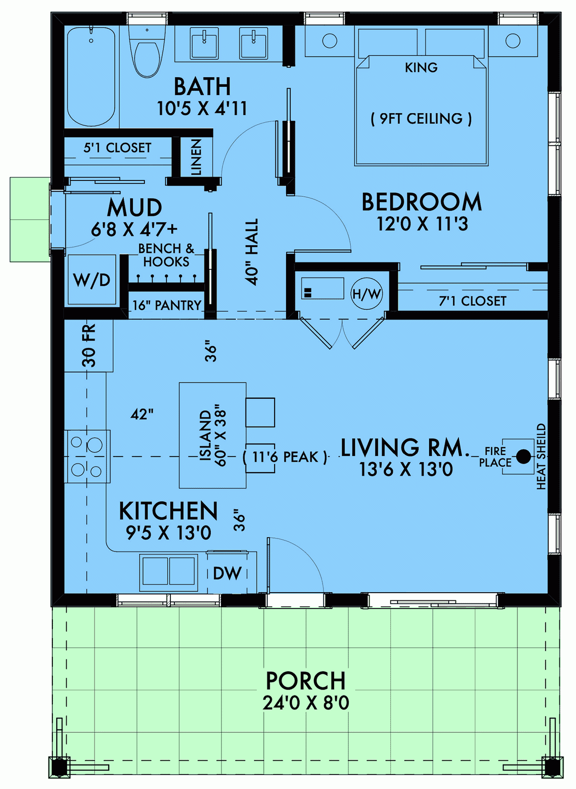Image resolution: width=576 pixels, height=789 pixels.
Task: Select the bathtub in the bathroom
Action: [91, 77]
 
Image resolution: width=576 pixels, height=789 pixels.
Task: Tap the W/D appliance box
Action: [92, 280]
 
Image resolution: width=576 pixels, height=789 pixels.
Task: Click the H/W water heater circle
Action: [367, 294]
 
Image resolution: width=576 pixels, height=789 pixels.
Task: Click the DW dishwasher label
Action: [227, 573]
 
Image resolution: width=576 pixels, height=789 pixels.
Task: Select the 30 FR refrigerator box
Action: [89, 346]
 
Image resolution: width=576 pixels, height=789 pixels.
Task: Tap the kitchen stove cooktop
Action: [87, 456]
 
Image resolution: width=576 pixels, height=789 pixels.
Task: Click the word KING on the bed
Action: [421, 68]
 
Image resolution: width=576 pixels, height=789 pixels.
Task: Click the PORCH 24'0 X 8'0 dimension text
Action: [306, 703]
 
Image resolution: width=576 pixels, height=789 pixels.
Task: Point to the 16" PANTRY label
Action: [167, 306]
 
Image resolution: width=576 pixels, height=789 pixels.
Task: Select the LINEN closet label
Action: [196, 157]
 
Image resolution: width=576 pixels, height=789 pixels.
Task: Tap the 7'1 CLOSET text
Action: [472, 301]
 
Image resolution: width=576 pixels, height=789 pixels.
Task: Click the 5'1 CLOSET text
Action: [118, 148]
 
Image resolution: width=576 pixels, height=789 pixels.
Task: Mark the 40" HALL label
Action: [252, 252]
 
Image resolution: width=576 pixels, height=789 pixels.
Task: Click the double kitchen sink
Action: [168, 572]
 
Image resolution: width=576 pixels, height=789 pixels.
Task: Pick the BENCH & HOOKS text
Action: [166, 255]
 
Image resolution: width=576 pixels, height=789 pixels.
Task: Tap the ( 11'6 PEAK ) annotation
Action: [285, 457]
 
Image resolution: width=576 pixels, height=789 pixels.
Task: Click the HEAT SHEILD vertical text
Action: [541, 456]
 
